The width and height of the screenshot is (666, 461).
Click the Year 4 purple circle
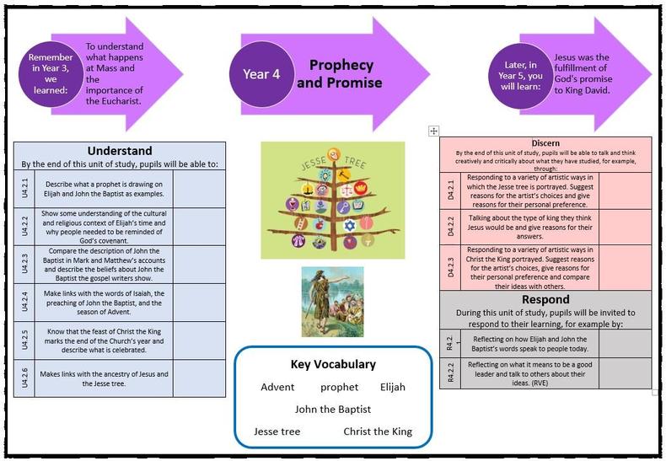point(261,74)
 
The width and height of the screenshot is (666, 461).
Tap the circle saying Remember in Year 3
point(51,74)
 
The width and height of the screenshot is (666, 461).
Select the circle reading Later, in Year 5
point(520,76)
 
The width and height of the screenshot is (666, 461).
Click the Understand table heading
point(120,151)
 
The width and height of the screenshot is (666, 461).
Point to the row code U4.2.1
point(24,189)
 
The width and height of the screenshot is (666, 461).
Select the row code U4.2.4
point(24,302)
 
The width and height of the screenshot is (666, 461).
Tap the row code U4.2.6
point(24,378)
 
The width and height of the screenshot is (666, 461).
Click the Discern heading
point(545,143)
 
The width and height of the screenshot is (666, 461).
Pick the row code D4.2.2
point(451,227)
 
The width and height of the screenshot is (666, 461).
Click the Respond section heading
point(545,299)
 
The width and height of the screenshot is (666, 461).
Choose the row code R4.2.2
point(450,373)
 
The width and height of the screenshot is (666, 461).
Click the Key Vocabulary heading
point(333,364)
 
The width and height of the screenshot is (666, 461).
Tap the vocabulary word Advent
point(277,387)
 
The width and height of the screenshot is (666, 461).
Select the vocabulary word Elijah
point(393,387)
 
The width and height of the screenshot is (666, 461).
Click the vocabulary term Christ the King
point(378,432)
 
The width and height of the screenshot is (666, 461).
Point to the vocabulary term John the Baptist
point(333,410)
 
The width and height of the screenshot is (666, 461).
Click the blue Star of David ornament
point(350,225)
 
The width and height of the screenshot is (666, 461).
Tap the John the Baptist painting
point(332,302)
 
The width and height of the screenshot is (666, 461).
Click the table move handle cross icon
point(433,131)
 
